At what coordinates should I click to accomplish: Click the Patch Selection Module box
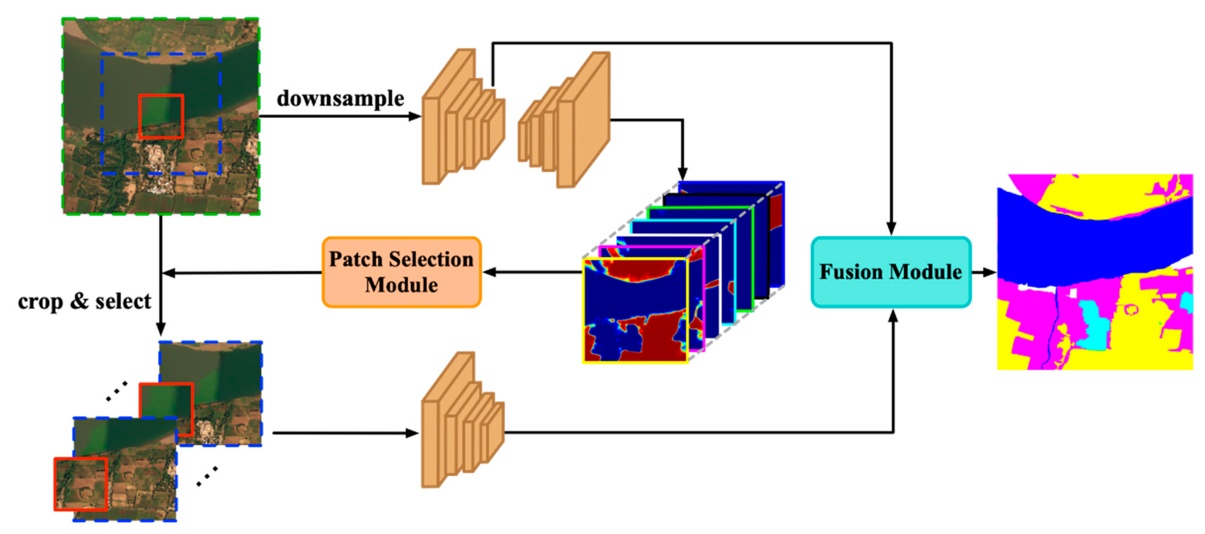pyautogui.click(x=401, y=272)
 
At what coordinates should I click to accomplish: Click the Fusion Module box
pyautogui.click(x=891, y=272)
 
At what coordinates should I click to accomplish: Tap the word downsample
pyautogui.click(x=340, y=99)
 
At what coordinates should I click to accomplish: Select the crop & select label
pyautogui.click(x=84, y=301)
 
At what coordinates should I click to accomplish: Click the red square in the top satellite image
pyautogui.click(x=161, y=116)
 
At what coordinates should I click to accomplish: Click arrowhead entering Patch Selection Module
pyautogui.click(x=489, y=272)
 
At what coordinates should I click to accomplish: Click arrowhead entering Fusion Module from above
pyautogui.click(x=891, y=229)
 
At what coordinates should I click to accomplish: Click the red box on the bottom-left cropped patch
pyautogui.click(x=81, y=484)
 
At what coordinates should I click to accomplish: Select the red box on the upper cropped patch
pyautogui.click(x=166, y=408)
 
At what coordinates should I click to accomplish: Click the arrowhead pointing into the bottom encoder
pyautogui.click(x=413, y=434)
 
